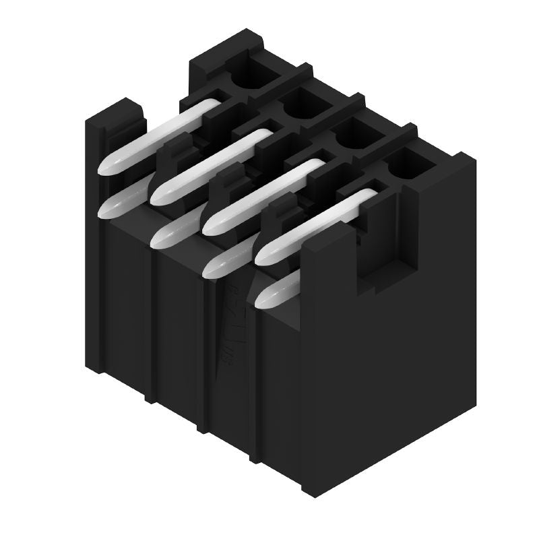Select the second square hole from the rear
(301, 106)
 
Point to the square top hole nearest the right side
(406, 164)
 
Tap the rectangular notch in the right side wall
(377, 259)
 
